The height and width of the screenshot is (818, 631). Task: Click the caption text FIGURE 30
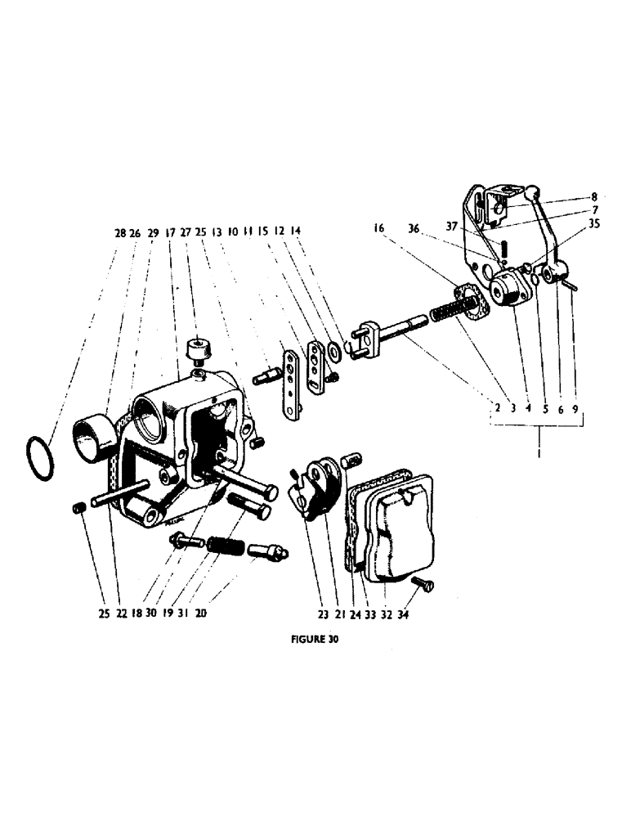click(x=315, y=641)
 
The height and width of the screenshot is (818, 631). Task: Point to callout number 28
click(x=120, y=232)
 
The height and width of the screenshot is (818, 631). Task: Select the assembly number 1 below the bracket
click(x=539, y=449)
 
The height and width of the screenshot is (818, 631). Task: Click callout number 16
click(x=378, y=231)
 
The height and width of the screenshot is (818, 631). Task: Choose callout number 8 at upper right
click(x=595, y=196)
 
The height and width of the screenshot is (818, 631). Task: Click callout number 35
click(x=594, y=222)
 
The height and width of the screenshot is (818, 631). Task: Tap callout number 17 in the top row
click(x=170, y=232)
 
